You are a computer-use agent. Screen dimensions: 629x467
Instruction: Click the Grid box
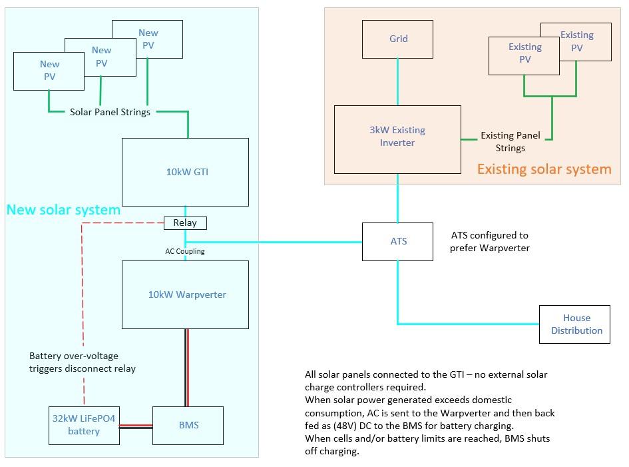[397, 39]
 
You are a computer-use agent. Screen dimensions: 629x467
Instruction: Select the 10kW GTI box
[185, 173]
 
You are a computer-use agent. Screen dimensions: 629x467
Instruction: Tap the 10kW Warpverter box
[185, 294]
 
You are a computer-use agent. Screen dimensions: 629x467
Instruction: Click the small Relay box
[185, 223]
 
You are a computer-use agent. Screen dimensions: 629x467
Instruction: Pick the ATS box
[397, 242]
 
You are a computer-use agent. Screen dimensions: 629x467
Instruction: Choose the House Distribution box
[574, 324]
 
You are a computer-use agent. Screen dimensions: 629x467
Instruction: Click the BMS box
[188, 426]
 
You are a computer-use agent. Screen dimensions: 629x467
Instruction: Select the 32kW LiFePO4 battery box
[85, 426]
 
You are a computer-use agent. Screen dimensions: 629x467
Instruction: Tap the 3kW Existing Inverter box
[397, 140]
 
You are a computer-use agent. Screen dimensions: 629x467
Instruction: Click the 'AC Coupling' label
[185, 251]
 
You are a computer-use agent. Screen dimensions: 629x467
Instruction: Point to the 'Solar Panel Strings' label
[110, 112]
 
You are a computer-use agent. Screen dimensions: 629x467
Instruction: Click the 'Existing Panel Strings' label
[511, 142]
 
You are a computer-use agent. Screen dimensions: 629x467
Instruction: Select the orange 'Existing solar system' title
[544, 169]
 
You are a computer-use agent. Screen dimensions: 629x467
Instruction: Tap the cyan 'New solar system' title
[63, 210]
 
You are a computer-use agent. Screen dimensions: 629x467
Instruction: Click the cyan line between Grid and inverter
[398, 82]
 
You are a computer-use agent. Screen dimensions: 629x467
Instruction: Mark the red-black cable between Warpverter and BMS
[186, 368]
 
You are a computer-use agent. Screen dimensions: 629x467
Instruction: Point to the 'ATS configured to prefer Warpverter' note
[489, 242]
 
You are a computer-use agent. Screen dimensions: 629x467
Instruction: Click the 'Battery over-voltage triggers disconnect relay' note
[83, 362]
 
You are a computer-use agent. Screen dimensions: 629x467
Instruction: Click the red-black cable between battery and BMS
[136, 426]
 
